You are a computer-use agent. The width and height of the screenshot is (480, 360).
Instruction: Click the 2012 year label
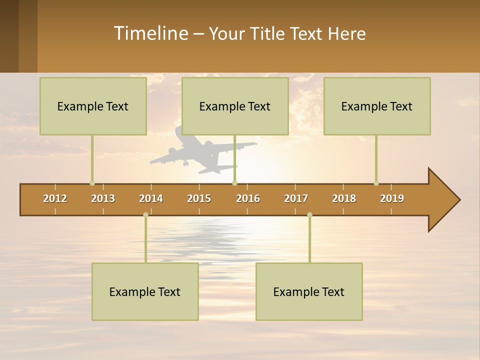pos(55,198)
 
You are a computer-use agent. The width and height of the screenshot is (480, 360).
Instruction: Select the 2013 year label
pos(103,198)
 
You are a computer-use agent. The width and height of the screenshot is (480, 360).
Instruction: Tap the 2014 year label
pos(151,198)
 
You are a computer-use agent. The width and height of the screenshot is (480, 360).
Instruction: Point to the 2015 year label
pos(199,198)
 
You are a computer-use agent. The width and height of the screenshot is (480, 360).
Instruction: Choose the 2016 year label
pos(248,198)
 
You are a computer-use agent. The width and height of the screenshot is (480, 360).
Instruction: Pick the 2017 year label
pos(296,198)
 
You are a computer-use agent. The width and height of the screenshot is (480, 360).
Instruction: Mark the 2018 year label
pos(344,198)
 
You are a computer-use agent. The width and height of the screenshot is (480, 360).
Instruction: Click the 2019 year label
pos(392,198)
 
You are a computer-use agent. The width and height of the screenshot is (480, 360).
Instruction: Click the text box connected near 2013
pos(93,106)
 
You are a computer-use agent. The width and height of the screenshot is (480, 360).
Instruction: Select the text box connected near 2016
pos(235,106)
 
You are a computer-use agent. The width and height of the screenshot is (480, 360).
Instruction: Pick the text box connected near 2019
pos(377,106)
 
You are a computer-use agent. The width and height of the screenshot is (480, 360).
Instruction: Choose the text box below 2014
pos(145,291)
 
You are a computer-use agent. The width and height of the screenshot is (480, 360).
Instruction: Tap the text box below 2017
pos(309,291)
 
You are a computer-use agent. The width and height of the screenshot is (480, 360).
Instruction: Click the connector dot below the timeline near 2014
pos(145,215)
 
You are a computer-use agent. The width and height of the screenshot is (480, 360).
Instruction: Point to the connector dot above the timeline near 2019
pos(376,183)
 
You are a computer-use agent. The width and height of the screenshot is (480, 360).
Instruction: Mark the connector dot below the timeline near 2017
pos(309,215)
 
